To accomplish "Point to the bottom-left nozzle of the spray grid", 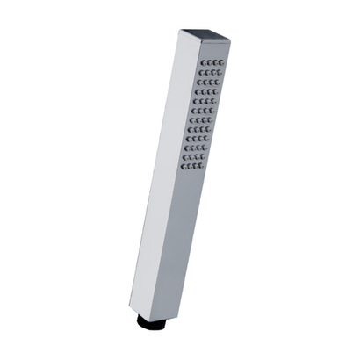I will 184,166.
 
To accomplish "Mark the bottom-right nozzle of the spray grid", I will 202,165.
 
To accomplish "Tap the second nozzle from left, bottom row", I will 190,166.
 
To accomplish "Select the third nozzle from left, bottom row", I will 196,165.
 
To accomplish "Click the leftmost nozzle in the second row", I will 201,74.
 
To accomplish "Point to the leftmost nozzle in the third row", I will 199,83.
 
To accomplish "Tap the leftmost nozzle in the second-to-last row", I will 185,157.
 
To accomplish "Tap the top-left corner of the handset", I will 181,31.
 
